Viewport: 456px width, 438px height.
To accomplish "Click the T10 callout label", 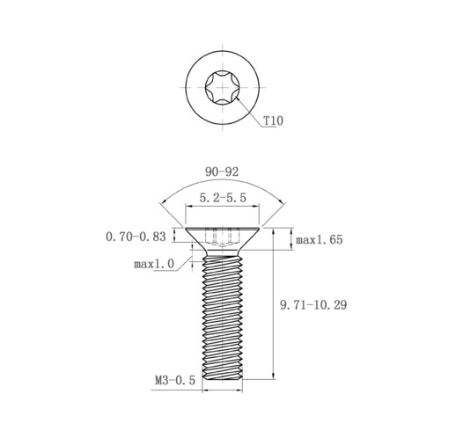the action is click(x=273, y=120).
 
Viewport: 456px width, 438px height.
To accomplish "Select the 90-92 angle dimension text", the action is click(x=222, y=172).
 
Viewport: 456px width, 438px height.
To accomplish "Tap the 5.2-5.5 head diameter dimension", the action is click(x=223, y=198).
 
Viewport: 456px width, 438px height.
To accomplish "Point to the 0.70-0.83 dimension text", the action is click(x=136, y=237).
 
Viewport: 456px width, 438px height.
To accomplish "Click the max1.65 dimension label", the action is click(x=319, y=240).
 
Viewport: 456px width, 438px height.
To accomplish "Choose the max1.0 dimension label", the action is click(x=154, y=264).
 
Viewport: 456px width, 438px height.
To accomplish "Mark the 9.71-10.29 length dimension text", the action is click(x=313, y=305).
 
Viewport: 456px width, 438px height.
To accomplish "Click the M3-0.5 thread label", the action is click(x=175, y=380).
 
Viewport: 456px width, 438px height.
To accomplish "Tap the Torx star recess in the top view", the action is click(x=223, y=87).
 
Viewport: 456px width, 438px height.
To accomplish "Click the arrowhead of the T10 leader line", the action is click(x=238, y=99).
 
